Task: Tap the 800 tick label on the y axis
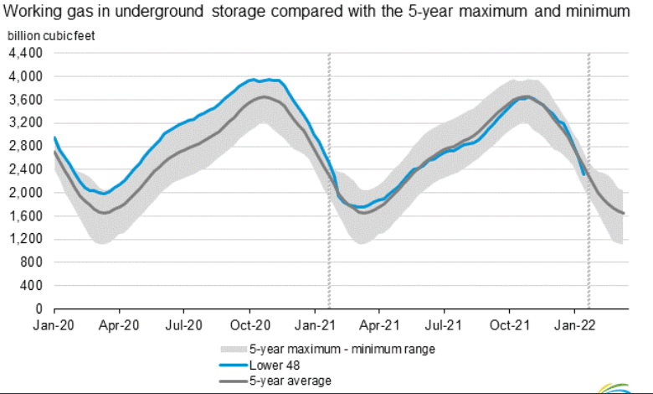pyautogui.click(x=30, y=262)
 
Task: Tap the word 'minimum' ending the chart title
pyautogui.click(x=599, y=12)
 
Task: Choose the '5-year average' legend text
pyautogui.click(x=290, y=381)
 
